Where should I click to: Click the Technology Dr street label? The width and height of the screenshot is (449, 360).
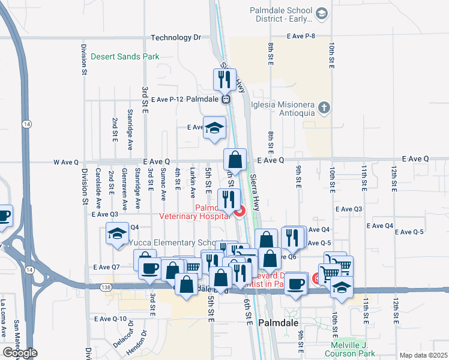175,37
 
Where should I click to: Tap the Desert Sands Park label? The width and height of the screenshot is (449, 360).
125,57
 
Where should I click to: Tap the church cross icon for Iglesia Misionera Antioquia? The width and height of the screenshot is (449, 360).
324,108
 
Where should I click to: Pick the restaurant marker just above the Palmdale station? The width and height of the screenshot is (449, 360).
223,79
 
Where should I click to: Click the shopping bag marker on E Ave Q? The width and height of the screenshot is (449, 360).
235,160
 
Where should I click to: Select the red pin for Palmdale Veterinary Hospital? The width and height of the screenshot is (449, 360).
240,211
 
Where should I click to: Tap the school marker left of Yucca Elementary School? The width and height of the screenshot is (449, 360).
118,233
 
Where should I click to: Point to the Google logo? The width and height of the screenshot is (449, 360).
20,353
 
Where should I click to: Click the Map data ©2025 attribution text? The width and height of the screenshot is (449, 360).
424,355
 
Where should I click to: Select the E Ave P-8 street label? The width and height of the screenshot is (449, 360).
301,37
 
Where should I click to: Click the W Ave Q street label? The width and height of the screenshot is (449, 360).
66,161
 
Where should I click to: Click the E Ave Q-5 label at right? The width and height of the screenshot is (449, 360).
410,232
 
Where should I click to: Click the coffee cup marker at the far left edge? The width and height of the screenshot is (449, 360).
4,216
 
